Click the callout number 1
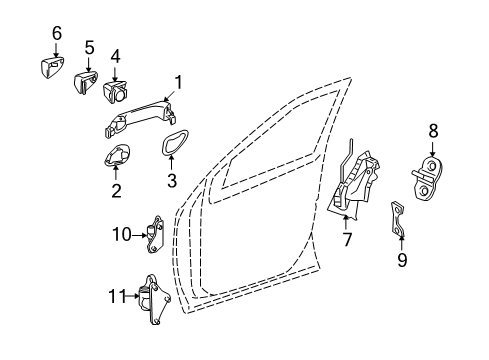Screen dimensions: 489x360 pyautogui.click(x=179, y=82)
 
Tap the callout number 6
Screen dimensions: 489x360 pyautogui.click(x=57, y=33)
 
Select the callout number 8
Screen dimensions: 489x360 pyautogui.click(x=433, y=131)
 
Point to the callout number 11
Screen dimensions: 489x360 pyautogui.click(x=118, y=296)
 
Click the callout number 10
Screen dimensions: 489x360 pyautogui.click(x=122, y=234)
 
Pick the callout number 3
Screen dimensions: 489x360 pyautogui.click(x=172, y=181)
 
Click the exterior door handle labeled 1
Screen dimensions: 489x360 pyautogui.click(x=141, y=119)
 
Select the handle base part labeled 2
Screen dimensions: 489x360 pyautogui.click(x=117, y=155)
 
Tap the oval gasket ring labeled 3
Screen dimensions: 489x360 pyautogui.click(x=175, y=142)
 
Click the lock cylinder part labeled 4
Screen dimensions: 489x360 pyautogui.click(x=115, y=92)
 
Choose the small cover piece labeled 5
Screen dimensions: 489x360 pyautogui.click(x=86, y=82)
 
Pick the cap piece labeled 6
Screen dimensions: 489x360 pyautogui.click(x=52, y=68)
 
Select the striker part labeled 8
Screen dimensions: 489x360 pyautogui.click(x=428, y=179)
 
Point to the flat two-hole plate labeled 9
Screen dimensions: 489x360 pyautogui.click(x=398, y=220)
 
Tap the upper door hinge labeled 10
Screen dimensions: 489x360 pyautogui.click(x=155, y=235)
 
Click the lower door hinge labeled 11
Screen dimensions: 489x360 pyautogui.click(x=154, y=299)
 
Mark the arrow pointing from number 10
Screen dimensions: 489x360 pyautogui.click(x=139, y=236)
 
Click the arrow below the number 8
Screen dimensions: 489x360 pyautogui.click(x=433, y=149)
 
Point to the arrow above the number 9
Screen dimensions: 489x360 pyautogui.click(x=402, y=243)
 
